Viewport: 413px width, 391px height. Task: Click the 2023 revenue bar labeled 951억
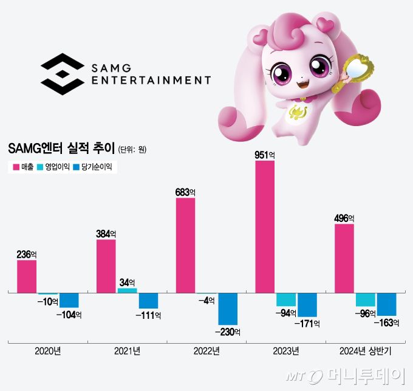click(x=265, y=227)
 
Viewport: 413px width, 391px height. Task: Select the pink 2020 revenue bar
click(x=27, y=276)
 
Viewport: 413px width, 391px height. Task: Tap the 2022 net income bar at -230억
click(x=228, y=309)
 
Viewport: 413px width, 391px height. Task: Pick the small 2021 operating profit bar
click(x=127, y=290)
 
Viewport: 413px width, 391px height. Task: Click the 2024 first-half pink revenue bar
click(x=344, y=258)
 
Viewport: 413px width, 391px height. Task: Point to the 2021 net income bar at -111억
click(x=148, y=301)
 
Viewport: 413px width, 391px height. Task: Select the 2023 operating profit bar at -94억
click(x=286, y=299)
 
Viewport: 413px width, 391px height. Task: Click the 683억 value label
click(x=185, y=192)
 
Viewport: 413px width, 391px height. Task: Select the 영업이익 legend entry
click(x=53, y=166)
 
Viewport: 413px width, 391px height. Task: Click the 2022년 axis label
click(x=206, y=351)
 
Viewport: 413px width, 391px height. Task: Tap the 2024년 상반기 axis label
click(x=365, y=351)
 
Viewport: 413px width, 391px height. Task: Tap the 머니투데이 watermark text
click(x=364, y=376)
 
